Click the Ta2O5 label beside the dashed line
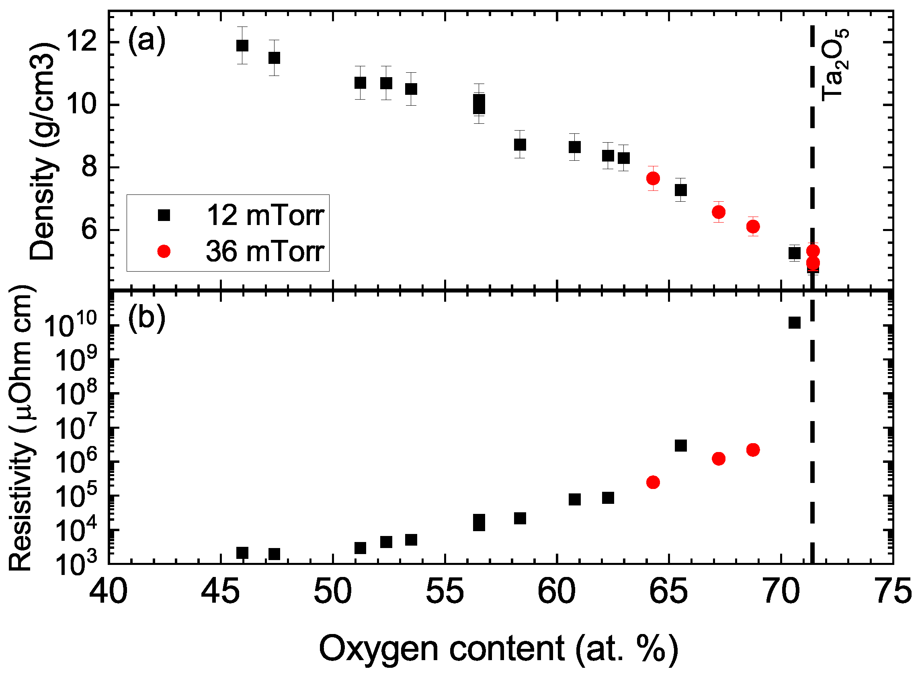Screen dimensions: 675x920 (x=834, y=65)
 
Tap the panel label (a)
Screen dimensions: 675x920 (x=146, y=40)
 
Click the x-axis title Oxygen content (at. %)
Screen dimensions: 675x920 (x=498, y=649)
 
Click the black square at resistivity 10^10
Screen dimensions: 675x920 (x=794, y=322)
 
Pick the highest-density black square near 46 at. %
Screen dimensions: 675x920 (x=242, y=45)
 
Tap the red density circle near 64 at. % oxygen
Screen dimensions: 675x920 (x=653, y=178)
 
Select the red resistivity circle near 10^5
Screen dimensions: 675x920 (x=653, y=482)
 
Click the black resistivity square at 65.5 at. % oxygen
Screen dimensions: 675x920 (x=680, y=445)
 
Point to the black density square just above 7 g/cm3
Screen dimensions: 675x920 (x=680, y=190)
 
